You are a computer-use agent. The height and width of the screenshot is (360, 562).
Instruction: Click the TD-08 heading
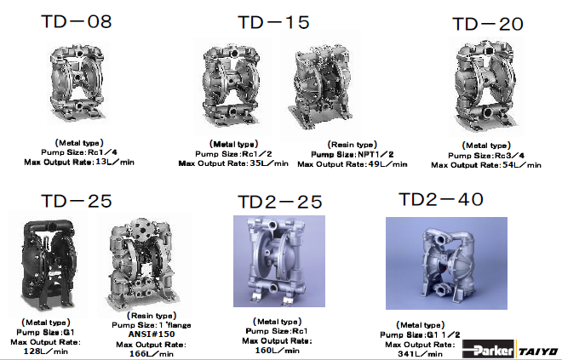pyautogui.click(x=77, y=21)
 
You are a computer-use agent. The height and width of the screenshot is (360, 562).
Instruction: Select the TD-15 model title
pyautogui.click(x=273, y=22)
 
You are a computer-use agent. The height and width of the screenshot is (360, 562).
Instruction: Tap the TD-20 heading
pyautogui.click(x=488, y=24)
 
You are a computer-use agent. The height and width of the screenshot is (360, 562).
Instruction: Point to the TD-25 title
pyautogui.click(x=77, y=201)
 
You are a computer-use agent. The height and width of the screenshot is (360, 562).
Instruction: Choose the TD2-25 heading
pyautogui.click(x=280, y=202)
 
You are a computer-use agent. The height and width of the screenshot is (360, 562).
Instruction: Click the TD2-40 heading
pyautogui.click(x=441, y=199)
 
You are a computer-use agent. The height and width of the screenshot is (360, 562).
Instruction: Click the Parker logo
pyautogui.click(x=489, y=350)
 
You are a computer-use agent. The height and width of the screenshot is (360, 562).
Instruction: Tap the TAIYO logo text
pyautogui.click(x=538, y=351)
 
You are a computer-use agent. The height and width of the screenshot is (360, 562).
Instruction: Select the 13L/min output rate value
pyautogui.click(x=115, y=162)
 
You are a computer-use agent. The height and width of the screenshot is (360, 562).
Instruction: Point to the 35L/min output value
pyautogui.click(x=269, y=163)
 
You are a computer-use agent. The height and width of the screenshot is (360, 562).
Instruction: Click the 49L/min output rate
pyautogui.click(x=387, y=164)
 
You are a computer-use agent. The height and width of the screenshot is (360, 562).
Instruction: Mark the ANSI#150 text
pyautogui.click(x=152, y=334)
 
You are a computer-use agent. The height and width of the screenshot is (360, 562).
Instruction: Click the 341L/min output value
pyautogui.click(x=420, y=354)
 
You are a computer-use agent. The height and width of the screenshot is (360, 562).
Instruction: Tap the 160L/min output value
pyautogui.click(x=277, y=351)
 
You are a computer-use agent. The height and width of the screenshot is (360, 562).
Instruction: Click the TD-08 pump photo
pyautogui.click(x=77, y=83)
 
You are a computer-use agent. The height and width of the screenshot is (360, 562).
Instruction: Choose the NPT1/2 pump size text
pyautogui.click(x=376, y=154)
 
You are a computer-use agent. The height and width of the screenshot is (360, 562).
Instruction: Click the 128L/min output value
pyautogui.click(x=45, y=351)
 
